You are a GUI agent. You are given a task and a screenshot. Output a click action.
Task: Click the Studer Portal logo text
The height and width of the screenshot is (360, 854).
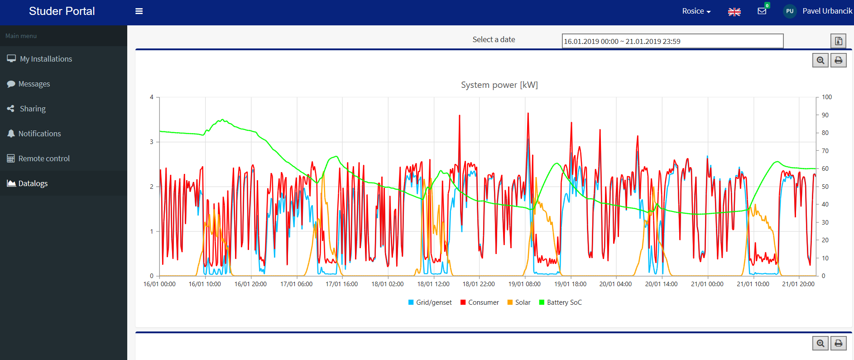(62, 11)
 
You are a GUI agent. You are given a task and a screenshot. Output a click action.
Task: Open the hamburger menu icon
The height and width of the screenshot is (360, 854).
(139, 11)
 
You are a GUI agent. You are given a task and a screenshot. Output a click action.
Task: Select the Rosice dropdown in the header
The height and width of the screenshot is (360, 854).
(696, 11)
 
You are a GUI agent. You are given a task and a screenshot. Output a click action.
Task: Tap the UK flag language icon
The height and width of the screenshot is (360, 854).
(734, 12)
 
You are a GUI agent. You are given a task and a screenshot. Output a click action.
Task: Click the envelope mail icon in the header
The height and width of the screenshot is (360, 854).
(762, 11)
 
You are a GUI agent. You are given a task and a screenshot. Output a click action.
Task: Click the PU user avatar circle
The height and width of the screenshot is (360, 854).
(790, 11)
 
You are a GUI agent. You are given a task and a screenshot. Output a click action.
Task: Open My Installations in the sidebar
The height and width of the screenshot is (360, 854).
(46, 59)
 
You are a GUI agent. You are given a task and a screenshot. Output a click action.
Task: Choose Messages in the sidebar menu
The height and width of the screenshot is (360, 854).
(34, 84)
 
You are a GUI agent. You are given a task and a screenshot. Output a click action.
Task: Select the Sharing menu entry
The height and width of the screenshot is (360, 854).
(33, 109)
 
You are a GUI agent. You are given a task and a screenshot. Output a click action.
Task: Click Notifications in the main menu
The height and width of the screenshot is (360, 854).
(39, 134)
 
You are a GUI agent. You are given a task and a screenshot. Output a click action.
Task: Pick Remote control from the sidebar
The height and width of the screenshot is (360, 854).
(44, 158)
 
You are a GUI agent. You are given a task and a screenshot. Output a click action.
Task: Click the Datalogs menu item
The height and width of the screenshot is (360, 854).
(33, 183)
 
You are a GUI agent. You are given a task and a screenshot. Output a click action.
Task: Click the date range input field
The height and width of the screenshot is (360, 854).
(672, 41)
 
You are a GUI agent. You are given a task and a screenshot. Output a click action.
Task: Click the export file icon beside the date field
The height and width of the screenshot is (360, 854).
(838, 41)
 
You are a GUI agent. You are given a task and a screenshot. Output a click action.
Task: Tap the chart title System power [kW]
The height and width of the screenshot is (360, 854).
(499, 85)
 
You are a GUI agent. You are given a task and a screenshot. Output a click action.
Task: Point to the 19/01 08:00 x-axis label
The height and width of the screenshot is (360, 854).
(524, 284)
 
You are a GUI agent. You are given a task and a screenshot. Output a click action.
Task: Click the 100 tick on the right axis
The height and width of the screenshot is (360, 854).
(827, 97)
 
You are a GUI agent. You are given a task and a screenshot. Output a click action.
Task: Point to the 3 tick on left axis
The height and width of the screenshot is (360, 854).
(152, 142)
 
